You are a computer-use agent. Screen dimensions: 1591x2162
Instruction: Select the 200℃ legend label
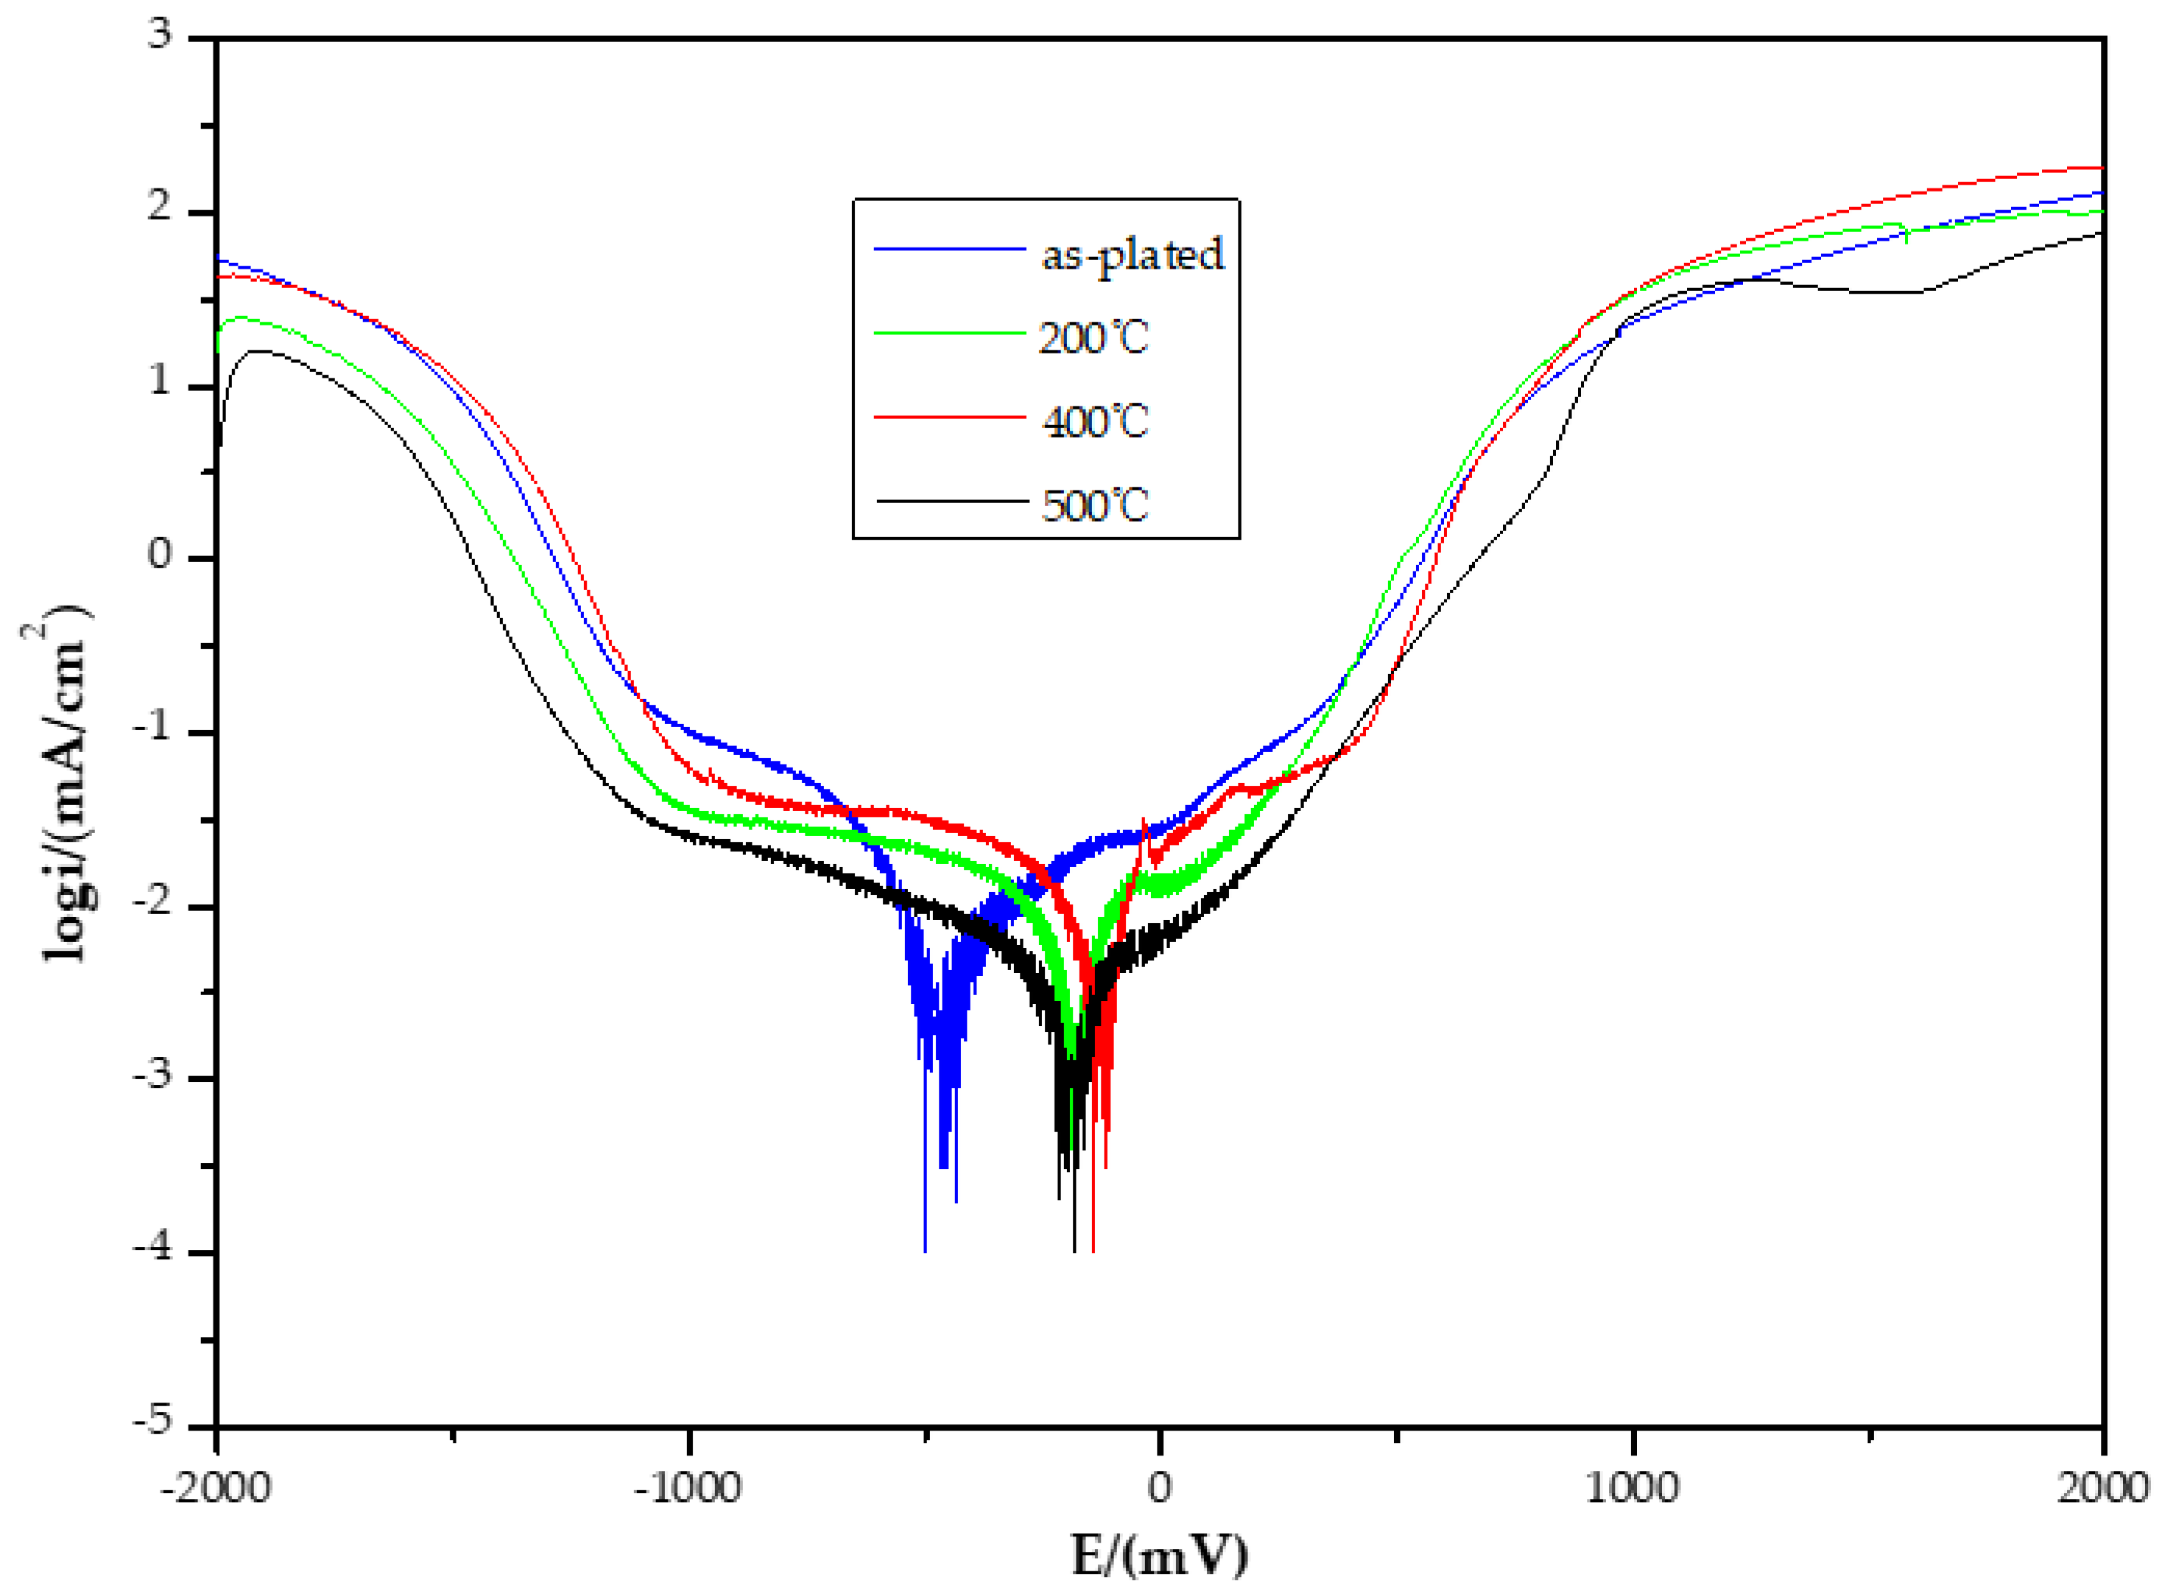pos(1093,338)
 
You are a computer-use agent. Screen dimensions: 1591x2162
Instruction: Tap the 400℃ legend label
pos(1096,422)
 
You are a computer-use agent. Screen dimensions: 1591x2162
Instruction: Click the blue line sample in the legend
pos(949,249)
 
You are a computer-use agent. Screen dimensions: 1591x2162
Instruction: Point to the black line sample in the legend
pos(951,500)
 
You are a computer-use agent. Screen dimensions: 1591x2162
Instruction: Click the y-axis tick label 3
pos(160,35)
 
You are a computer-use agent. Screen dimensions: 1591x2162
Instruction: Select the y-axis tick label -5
pos(152,1421)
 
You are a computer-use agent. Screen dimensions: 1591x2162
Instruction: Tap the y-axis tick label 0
pos(160,556)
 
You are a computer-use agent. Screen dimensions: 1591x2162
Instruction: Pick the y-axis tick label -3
pos(152,1075)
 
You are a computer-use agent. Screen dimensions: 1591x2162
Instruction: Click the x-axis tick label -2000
pos(216,1489)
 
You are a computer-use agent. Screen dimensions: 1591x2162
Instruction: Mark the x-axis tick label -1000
pos(688,1489)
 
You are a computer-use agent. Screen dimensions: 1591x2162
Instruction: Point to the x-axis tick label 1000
pos(1632,1489)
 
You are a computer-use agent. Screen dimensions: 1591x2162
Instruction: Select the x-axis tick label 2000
pos(2102,1489)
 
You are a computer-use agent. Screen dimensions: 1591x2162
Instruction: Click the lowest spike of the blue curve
pos(925,1250)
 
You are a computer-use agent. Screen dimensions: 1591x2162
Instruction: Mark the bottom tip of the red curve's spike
pos(1093,1250)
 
